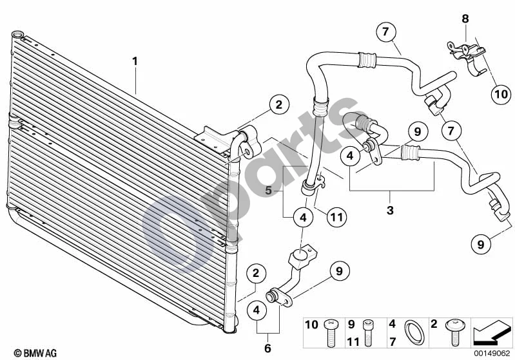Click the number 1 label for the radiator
(x=135, y=61)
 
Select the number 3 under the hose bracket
(x=390, y=210)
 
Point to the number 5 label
(x=269, y=191)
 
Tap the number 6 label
(x=267, y=348)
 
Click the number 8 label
(x=465, y=19)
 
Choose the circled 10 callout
(x=501, y=95)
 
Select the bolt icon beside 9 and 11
(x=367, y=333)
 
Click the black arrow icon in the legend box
(x=492, y=332)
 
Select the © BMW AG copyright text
(x=35, y=353)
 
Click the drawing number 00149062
(x=492, y=354)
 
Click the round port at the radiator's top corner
(x=18, y=34)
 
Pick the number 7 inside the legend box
(x=393, y=341)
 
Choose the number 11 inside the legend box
(x=353, y=341)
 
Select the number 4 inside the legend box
(x=393, y=324)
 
